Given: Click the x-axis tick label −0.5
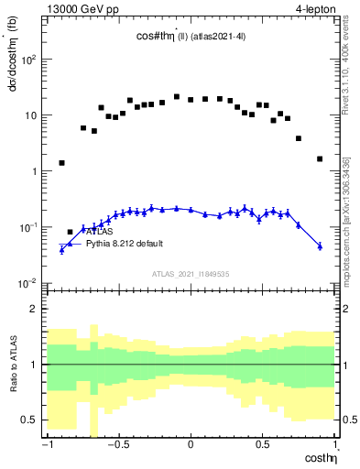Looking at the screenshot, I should [x=116, y=445].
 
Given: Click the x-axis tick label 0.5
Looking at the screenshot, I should [x=263, y=445].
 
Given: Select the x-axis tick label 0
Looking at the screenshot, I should [x=191, y=445].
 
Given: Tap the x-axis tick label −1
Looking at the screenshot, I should [x=45, y=445].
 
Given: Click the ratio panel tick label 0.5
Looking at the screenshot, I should [x=28, y=420].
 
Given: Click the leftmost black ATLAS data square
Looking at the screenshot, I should [x=61, y=163].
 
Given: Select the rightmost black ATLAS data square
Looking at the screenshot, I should [x=320, y=158].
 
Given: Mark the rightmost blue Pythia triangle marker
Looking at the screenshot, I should [x=320, y=245].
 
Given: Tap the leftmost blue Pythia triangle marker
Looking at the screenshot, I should [x=61, y=248].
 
